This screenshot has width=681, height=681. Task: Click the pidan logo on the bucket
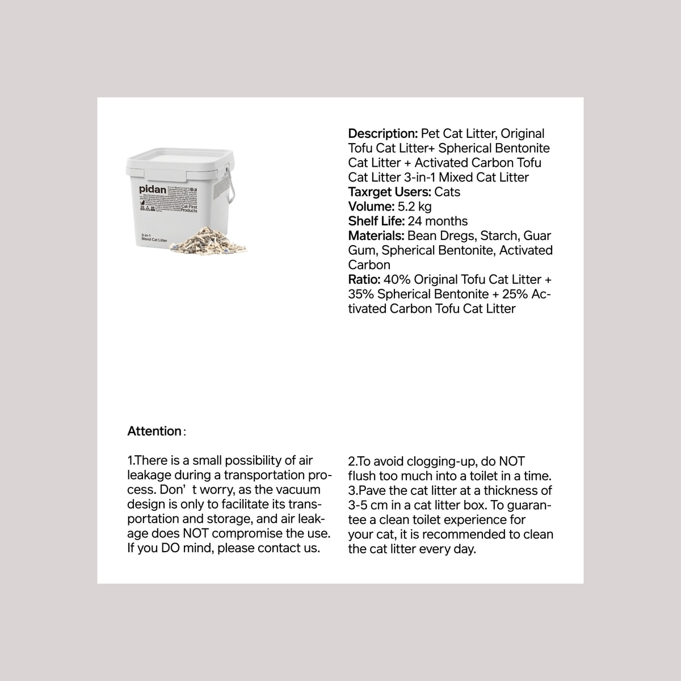point(153,190)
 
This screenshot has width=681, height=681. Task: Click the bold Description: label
point(383,134)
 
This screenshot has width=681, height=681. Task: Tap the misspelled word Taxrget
point(368,192)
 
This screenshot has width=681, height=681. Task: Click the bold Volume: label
point(371,207)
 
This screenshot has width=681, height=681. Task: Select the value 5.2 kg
point(415,207)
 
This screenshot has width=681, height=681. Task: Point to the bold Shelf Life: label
point(376,221)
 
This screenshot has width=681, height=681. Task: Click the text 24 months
point(438,221)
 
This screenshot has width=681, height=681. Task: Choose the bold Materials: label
point(376,236)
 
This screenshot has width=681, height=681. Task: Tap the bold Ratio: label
point(364,280)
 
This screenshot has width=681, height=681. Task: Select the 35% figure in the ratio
point(361,295)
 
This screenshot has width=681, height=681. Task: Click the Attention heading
point(154,431)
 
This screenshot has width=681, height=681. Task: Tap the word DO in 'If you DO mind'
point(170,548)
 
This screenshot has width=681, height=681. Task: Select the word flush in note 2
point(362,476)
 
